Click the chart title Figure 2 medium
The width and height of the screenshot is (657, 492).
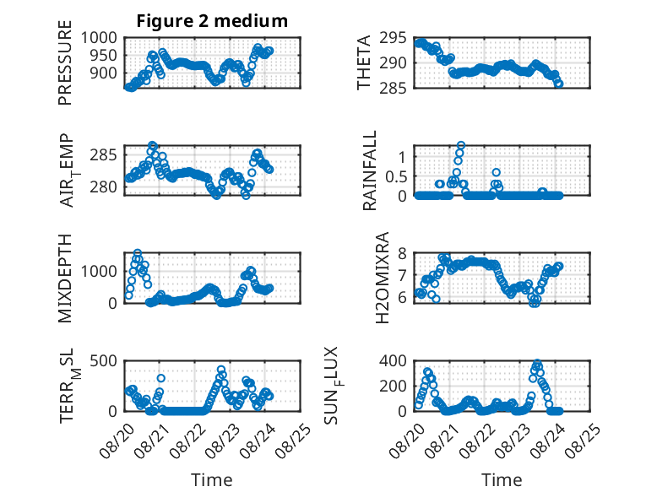(x=212, y=21)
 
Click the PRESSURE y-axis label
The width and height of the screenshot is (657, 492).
(x=65, y=62)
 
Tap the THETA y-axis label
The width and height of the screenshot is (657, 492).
(x=364, y=62)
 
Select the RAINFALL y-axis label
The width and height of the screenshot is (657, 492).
(x=370, y=170)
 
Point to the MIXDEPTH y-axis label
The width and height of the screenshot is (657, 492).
(x=65, y=278)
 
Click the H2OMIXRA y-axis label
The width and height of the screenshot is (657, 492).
(x=383, y=278)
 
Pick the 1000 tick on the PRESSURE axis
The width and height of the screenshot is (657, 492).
(x=99, y=38)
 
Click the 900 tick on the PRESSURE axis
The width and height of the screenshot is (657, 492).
(x=104, y=73)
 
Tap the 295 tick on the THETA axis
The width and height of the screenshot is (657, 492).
(x=393, y=38)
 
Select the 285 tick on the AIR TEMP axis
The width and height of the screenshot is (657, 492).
(x=104, y=155)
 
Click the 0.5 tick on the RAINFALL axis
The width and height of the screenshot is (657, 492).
(x=396, y=176)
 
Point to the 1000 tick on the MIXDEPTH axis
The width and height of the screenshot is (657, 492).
(x=99, y=271)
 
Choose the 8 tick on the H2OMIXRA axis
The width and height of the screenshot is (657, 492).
(x=402, y=253)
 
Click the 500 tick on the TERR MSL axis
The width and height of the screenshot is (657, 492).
(x=104, y=360)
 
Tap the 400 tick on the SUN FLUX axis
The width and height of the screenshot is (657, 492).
(x=393, y=360)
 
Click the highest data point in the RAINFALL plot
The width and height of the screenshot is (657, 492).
(x=461, y=145)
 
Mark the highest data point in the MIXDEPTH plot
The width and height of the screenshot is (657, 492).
(x=138, y=253)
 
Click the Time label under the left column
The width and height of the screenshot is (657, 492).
(x=212, y=479)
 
